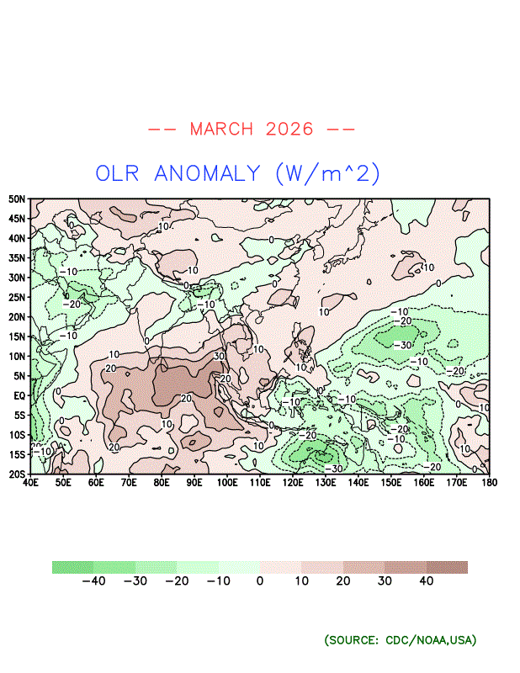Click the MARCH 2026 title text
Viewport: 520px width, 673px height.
pos(252,129)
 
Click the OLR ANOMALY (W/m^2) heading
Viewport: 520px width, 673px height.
pos(238,173)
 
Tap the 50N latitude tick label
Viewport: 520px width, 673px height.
pos(17,199)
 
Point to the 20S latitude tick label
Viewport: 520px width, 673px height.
pos(17,474)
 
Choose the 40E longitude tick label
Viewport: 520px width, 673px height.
pos(30,484)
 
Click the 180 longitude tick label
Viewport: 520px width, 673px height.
pos(489,484)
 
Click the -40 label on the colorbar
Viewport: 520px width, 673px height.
pos(93,581)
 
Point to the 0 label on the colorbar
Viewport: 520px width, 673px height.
pos(260,581)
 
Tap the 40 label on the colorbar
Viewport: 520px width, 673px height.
pos(426,581)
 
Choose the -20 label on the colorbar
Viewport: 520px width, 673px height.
pos(177,581)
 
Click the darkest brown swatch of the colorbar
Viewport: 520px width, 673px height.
pos(447,567)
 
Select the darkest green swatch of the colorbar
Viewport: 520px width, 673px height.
pos(72,567)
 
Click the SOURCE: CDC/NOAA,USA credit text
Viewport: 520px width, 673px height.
pos(401,640)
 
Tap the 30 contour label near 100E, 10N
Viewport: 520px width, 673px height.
pos(220,357)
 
